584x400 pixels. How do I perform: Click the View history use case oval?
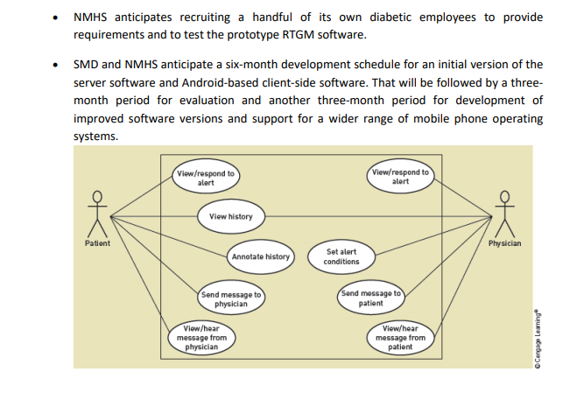pyautogui.click(x=231, y=216)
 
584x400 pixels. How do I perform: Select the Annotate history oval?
pyautogui.click(x=261, y=256)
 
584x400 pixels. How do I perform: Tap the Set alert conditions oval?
pyautogui.click(x=341, y=256)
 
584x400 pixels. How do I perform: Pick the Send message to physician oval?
pyautogui.click(x=231, y=298)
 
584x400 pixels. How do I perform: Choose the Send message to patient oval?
pyautogui.click(x=371, y=298)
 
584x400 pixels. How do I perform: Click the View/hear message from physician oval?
pyautogui.click(x=201, y=338)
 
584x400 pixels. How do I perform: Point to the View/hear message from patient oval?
pyautogui.click(x=400, y=338)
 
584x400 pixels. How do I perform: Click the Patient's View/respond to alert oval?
pyautogui.click(x=206, y=177)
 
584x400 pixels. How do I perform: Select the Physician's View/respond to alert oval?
pyautogui.click(x=400, y=176)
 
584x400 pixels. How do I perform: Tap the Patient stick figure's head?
pyautogui.click(x=97, y=196)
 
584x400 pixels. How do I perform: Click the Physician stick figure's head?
pyautogui.click(x=504, y=196)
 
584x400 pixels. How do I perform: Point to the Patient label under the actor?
pyautogui.click(x=97, y=243)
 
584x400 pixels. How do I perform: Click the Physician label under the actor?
pyautogui.click(x=504, y=243)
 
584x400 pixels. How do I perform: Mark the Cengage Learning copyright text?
pyautogui.click(x=537, y=339)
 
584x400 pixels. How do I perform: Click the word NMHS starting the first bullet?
pyautogui.click(x=90, y=18)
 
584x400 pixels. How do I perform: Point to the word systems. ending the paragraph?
pyautogui.click(x=95, y=137)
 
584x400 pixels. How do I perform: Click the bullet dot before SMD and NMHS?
pyautogui.click(x=55, y=65)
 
